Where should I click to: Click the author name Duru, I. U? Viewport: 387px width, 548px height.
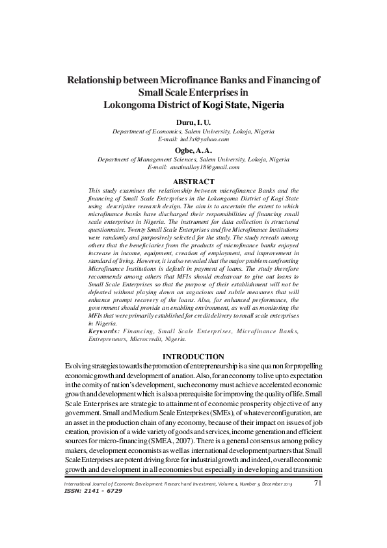tap(194, 122)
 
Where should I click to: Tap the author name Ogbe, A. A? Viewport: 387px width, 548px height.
tap(194, 150)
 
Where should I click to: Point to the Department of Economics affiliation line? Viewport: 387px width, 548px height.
tap(194, 131)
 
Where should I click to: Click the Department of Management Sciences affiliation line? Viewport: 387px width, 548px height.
tap(194, 159)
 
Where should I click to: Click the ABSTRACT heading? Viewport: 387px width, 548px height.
tap(193, 181)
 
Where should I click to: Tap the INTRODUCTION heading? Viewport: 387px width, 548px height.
tap(193, 357)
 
